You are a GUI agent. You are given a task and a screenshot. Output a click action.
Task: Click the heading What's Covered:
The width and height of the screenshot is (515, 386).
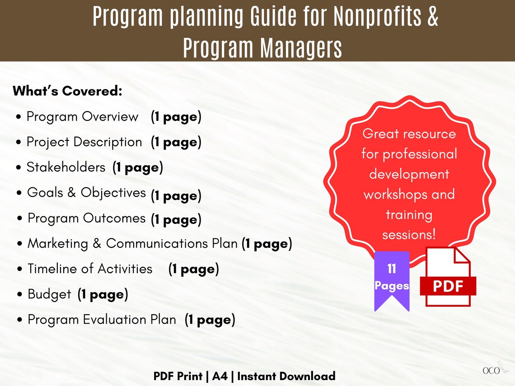(x=67, y=91)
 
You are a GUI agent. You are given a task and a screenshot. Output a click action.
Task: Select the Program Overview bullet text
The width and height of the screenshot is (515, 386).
(x=82, y=116)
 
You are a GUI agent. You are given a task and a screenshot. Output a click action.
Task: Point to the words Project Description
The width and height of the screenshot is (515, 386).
(x=84, y=142)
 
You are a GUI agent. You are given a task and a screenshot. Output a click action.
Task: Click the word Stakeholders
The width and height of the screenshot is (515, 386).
(x=66, y=167)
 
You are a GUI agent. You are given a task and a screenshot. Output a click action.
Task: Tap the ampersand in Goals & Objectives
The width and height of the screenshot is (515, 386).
(x=71, y=192)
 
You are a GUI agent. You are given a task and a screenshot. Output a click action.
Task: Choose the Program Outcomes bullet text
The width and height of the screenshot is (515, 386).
(x=86, y=218)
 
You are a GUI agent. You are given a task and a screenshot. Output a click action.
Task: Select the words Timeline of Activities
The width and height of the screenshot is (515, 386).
(x=90, y=269)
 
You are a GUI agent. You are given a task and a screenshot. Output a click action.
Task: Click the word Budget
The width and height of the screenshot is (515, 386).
(x=49, y=294)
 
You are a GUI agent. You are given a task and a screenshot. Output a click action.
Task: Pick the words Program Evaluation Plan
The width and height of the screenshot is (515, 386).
(x=102, y=320)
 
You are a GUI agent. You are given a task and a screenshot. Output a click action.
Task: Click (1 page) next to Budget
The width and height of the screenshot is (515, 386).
(x=103, y=295)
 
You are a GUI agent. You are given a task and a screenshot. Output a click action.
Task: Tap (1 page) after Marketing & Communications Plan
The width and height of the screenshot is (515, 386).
(x=267, y=244)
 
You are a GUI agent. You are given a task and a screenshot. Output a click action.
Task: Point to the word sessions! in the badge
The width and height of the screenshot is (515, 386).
(x=409, y=235)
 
